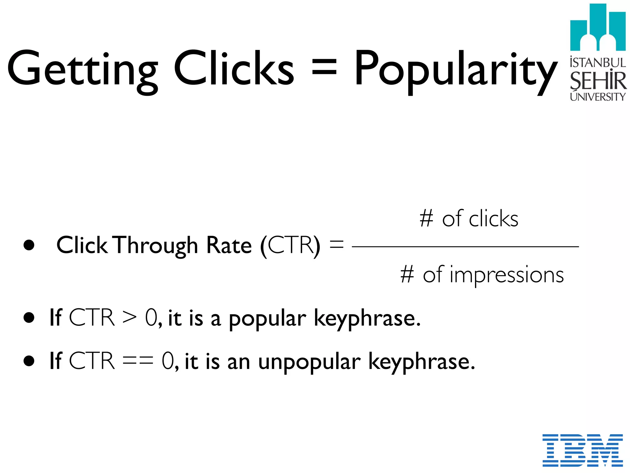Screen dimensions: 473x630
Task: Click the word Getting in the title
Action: click(82, 69)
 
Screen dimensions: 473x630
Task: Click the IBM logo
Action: click(582, 450)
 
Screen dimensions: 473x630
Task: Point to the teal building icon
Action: click(598, 28)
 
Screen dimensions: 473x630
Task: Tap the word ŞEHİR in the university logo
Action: click(598, 81)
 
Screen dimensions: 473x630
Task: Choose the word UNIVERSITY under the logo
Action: click(598, 97)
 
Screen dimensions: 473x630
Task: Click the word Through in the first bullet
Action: click(157, 246)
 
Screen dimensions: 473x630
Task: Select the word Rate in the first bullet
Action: click(229, 245)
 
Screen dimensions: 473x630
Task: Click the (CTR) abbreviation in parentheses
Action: click(290, 246)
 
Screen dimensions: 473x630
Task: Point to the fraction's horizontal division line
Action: click(465, 247)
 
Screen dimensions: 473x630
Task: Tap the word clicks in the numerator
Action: click(493, 219)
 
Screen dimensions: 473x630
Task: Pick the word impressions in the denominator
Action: click(507, 275)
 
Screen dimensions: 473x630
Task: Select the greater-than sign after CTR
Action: click(129, 317)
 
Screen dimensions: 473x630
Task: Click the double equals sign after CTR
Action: click(138, 361)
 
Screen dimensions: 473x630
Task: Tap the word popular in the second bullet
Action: click(267, 319)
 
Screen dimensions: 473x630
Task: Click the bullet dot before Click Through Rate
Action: click(29, 245)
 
